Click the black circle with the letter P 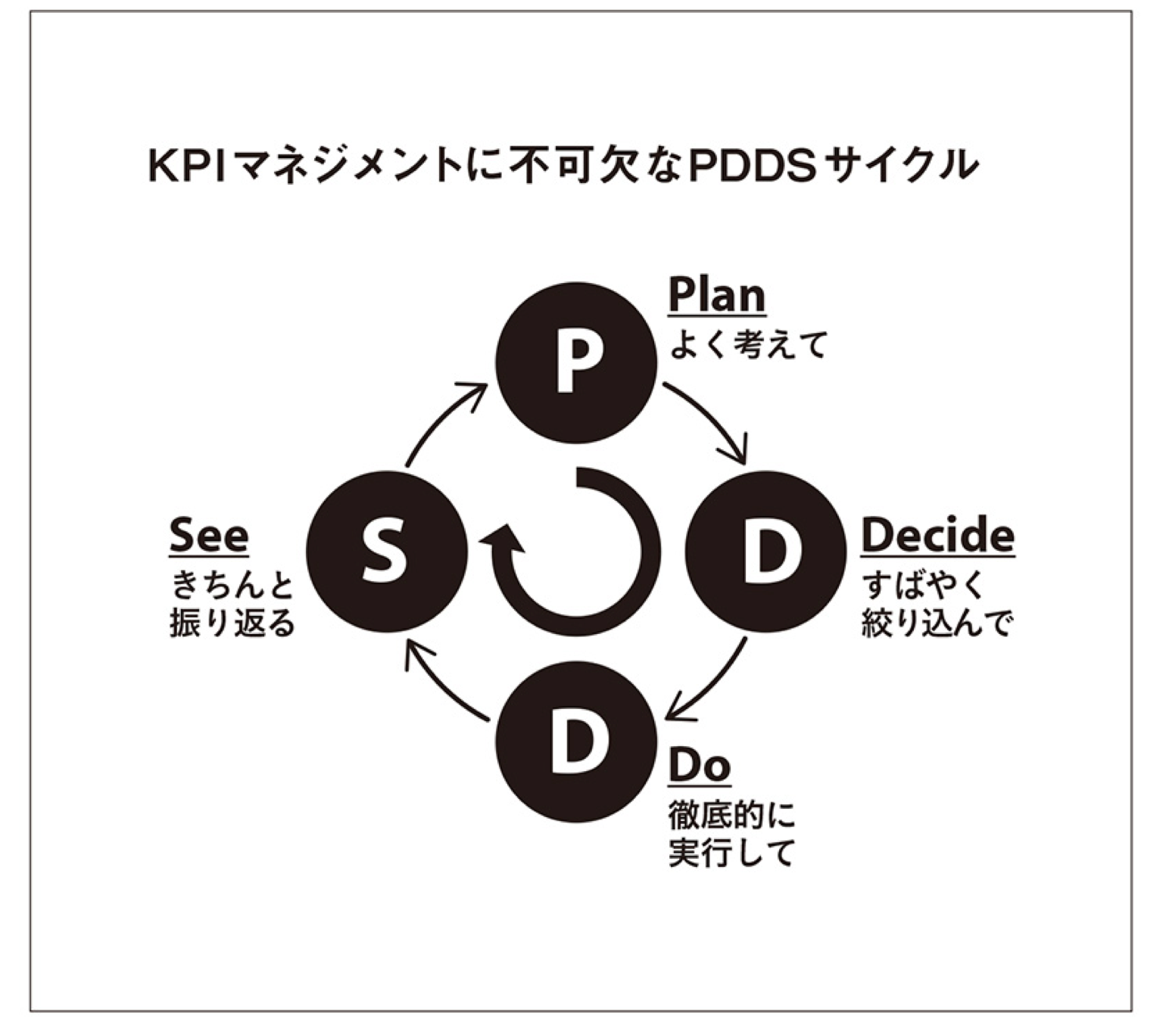coord(576,362)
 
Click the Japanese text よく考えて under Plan coord(748,344)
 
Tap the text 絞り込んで coord(937,623)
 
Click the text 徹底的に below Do coord(731,816)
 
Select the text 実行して coord(731,853)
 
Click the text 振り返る coord(232,623)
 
